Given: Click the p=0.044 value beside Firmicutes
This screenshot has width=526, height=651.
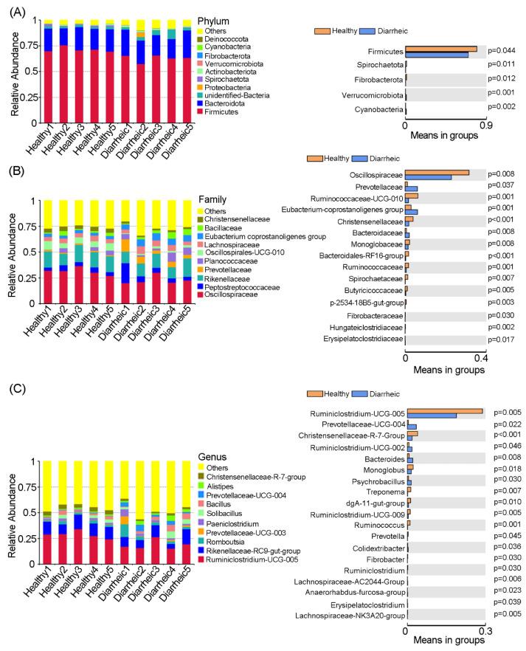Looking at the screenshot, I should coord(505,50).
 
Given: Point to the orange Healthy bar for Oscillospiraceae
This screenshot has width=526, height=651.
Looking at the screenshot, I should coord(437,173).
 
